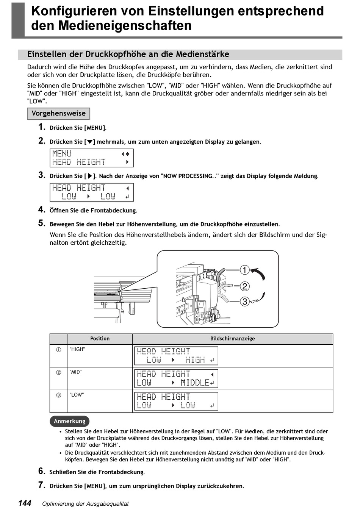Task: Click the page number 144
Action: point(25,503)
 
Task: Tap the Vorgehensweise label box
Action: point(59,114)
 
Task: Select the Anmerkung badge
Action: point(69,421)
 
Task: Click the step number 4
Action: point(42,209)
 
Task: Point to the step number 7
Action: point(42,485)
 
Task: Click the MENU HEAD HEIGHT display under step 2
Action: point(91,158)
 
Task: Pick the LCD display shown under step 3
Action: point(91,192)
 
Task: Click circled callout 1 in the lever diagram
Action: point(245,270)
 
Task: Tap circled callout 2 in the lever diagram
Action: point(245,286)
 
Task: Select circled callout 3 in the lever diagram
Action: point(245,302)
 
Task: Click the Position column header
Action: point(100,339)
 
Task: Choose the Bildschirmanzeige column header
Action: point(232,339)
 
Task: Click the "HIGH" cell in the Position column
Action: point(77,350)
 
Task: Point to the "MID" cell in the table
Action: point(75,372)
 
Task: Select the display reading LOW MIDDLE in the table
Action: point(176,378)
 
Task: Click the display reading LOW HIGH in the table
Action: point(176,356)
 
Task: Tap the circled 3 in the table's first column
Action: point(59,395)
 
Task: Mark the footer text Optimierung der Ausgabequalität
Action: point(85,504)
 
